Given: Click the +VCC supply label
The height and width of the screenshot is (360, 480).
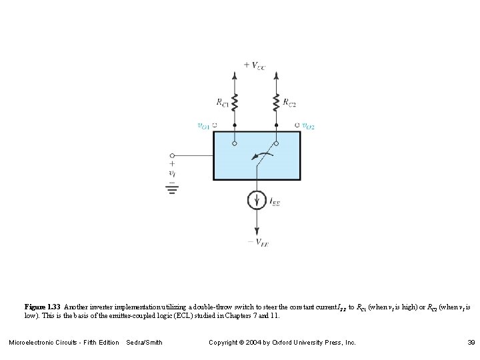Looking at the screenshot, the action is coord(253,65).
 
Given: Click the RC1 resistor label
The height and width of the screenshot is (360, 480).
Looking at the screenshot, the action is coord(221,102).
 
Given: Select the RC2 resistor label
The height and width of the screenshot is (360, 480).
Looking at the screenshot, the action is coord(290,102).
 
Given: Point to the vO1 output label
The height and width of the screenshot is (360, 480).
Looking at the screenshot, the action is coord(203,125).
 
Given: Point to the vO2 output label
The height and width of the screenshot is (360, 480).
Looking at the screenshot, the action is coord(309,125).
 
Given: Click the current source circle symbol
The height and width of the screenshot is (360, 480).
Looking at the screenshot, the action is coord(257,199).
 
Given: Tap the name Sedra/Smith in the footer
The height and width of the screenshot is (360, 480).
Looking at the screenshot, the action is coord(144,343).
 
